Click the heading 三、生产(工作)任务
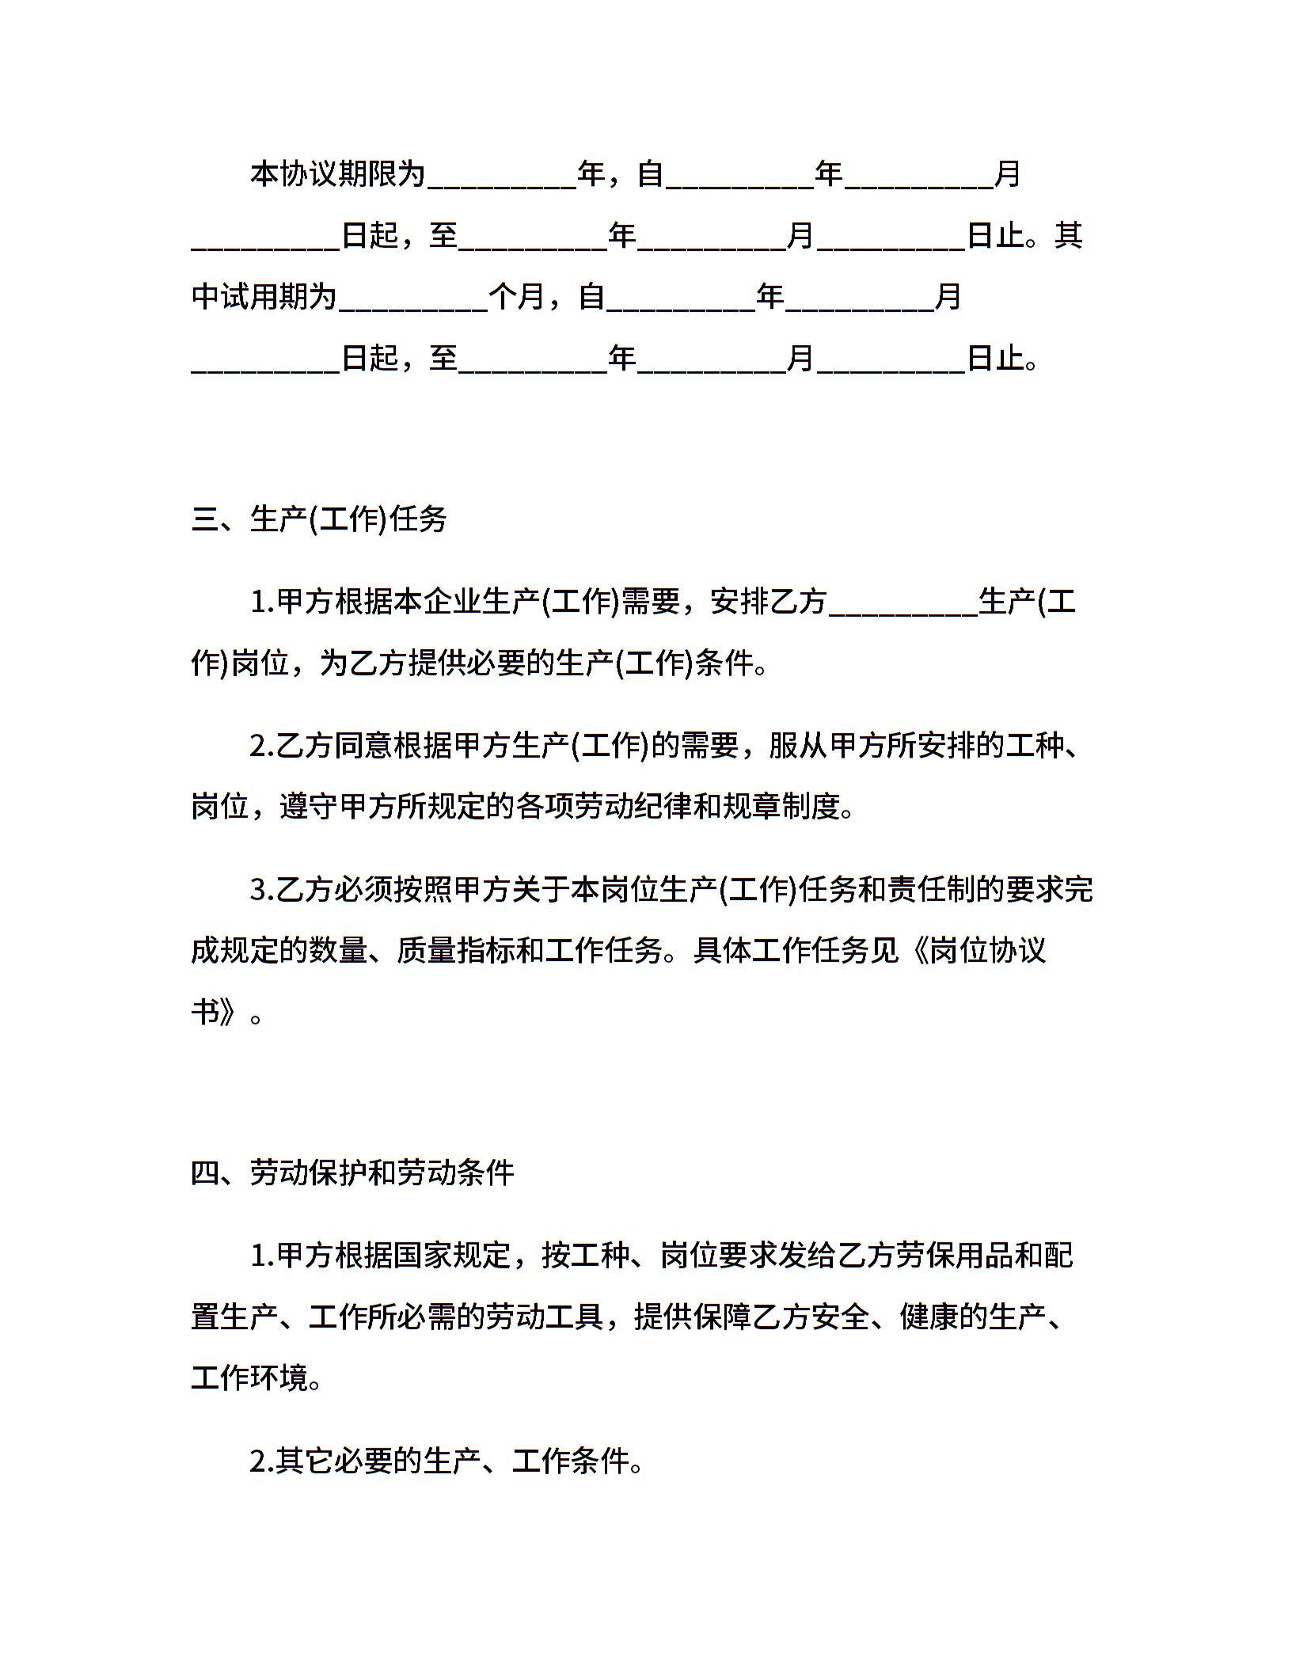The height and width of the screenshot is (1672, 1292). coord(319,519)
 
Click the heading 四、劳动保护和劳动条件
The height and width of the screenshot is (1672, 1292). coord(352,1172)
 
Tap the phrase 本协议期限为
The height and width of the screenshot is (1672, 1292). coord(338,173)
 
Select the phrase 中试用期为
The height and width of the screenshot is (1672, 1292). coord(264,297)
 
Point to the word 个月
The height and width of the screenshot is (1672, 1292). coord(517,297)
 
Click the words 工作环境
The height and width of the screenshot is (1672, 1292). coord(249,1378)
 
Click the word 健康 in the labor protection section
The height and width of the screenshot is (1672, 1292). coord(929,1317)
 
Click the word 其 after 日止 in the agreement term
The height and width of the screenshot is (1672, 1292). coord(1068,235)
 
